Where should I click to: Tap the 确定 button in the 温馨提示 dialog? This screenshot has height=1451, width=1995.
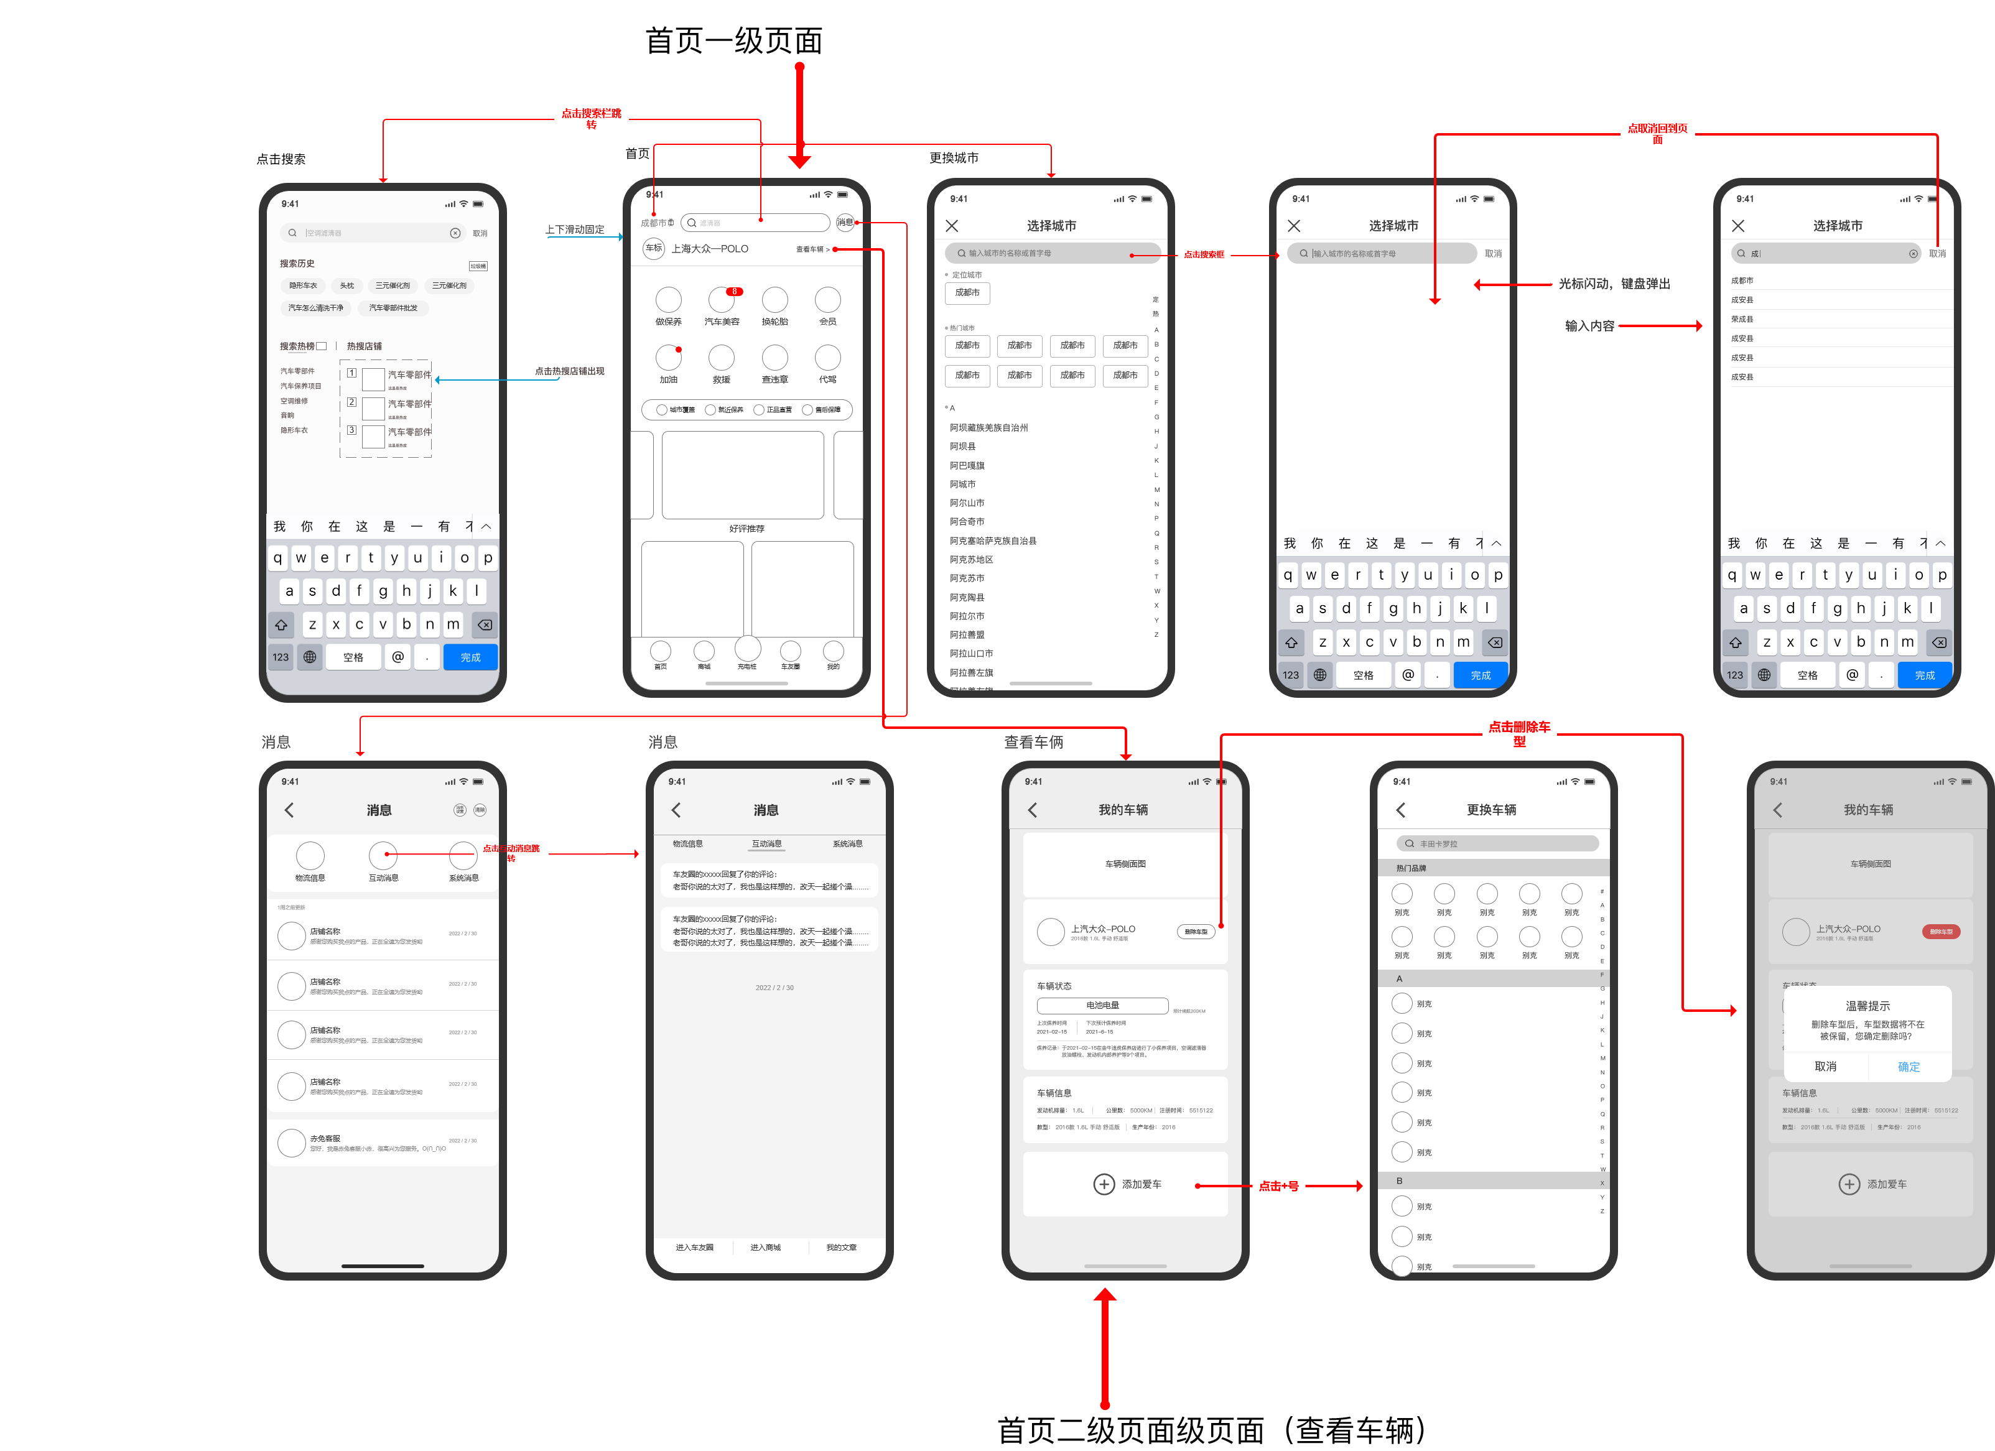click(1908, 1067)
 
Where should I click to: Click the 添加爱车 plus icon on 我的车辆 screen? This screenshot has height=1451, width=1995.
click(1104, 1185)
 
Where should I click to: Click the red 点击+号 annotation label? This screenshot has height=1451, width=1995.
click(1278, 1186)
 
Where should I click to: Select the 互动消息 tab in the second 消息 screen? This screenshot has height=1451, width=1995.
click(766, 844)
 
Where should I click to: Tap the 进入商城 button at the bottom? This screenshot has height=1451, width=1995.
click(765, 1248)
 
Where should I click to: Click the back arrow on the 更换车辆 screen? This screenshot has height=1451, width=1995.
click(1400, 810)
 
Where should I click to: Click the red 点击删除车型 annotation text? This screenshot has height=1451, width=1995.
click(1519, 733)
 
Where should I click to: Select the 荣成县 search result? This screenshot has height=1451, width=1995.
click(1742, 319)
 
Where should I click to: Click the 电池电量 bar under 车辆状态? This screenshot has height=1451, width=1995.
click(1102, 1005)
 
